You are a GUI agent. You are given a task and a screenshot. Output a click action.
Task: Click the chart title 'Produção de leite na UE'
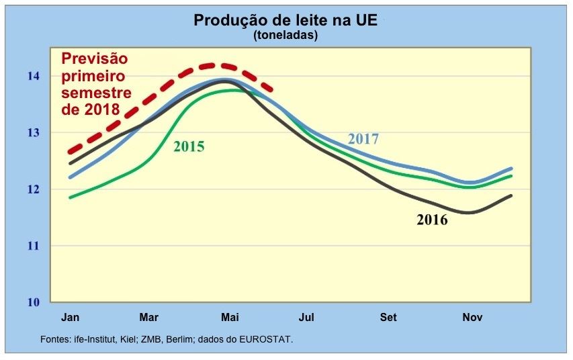coord(285,20)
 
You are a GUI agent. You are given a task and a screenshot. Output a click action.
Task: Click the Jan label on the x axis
coord(71,316)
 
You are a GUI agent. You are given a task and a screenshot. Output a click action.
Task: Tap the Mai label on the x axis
coord(230,316)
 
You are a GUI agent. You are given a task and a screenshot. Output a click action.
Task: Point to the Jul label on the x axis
coord(307,316)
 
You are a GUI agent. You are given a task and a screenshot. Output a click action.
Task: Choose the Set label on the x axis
coord(388,316)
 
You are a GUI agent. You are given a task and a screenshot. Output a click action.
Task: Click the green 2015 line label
coord(189,146)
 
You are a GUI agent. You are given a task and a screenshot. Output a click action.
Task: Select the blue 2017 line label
coord(363,140)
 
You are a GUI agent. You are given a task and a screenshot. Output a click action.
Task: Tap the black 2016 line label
coord(432,220)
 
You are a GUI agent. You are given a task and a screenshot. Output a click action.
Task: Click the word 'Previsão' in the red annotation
coord(95,60)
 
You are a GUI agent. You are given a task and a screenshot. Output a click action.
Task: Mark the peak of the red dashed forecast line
coord(216,65)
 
